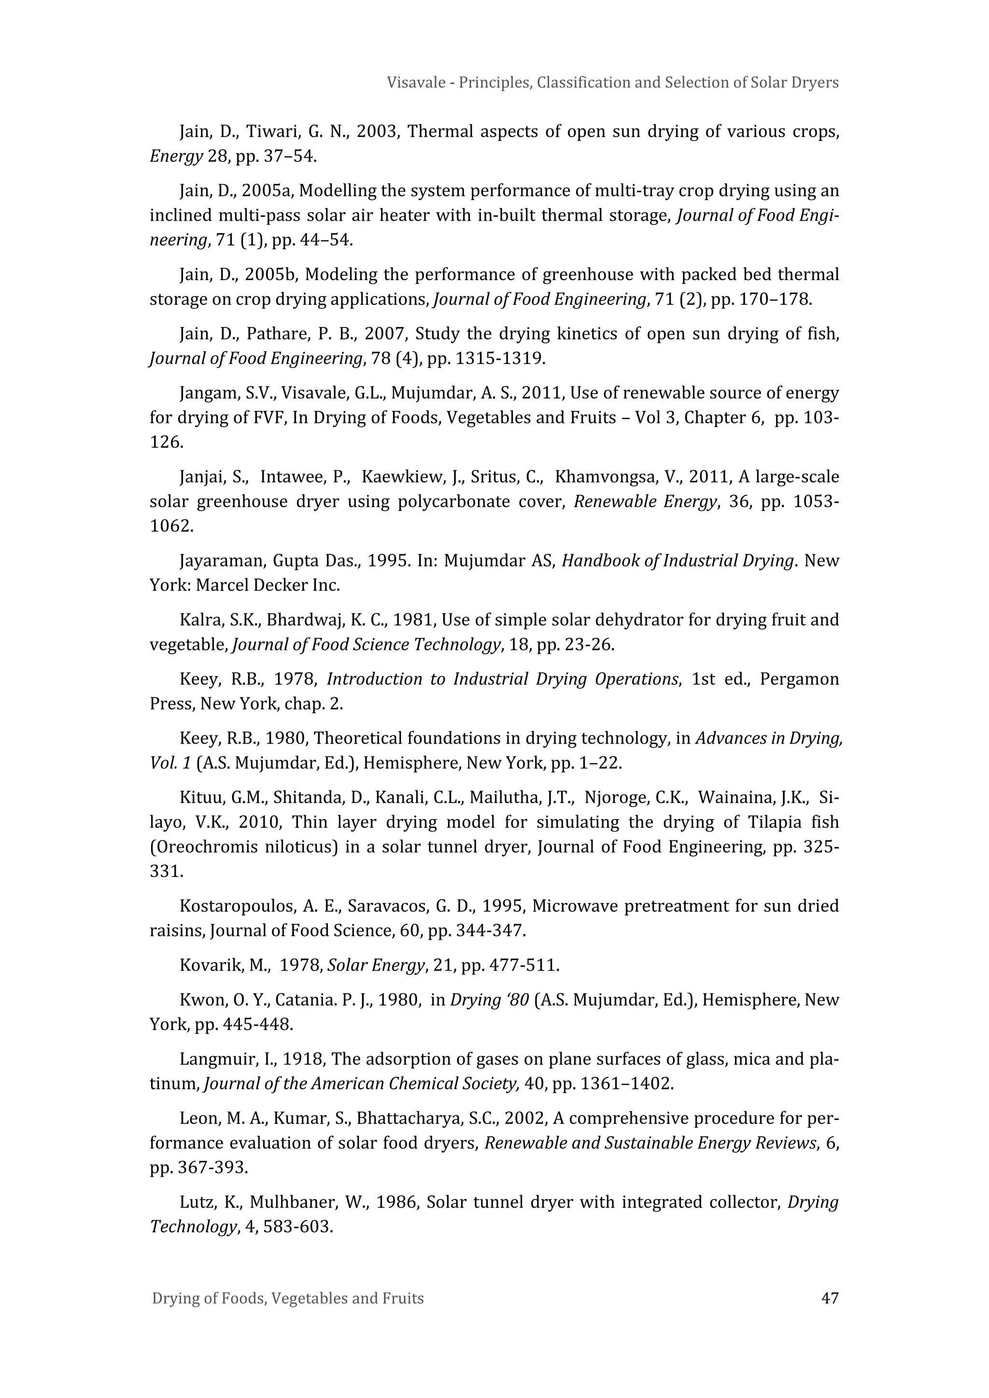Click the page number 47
pyautogui.click(x=830, y=1298)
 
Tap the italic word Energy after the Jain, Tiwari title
pyautogui.click(x=176, y=156)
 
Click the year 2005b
pyautogui.click(x=270, y=275)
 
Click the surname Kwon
pyautogui.click(x=198, y=1000)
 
